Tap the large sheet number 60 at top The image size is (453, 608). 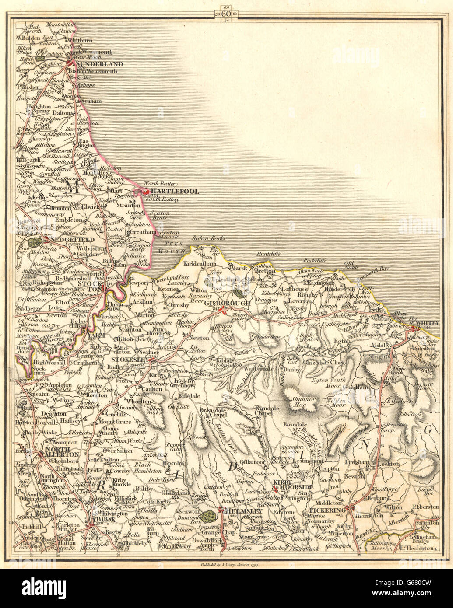pyautogui.click(x=227, y=13)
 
